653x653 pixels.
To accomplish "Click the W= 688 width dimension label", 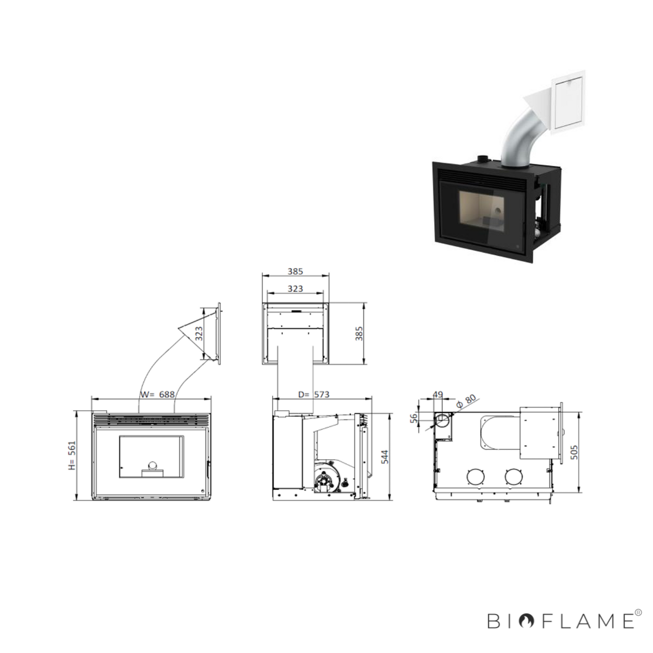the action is (157, 395).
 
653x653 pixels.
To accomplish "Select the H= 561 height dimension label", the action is (72, 455).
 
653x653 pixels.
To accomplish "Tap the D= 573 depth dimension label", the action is (313, 395).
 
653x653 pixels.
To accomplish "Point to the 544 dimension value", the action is (384, 457).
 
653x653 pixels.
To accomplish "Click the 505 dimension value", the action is (574, 452).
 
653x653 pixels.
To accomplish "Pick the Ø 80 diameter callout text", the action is (466, 401).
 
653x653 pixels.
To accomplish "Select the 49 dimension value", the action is (438, 395).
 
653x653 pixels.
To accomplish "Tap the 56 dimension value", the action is (414, 418).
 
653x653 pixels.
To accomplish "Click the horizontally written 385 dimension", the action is (295, 272).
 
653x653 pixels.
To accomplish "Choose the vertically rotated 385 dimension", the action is (359, 334).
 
